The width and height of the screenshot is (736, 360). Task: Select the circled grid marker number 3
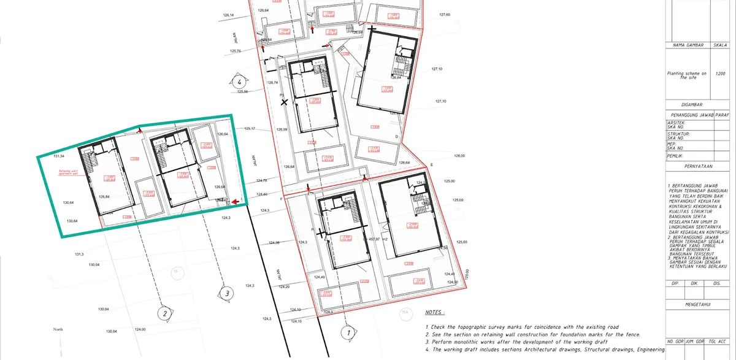click(226, 293)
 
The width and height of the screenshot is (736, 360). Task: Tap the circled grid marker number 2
click(164, 313)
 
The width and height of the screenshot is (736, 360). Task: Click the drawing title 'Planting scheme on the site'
click(686, 75)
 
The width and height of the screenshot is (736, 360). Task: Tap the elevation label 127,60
click(445, 14)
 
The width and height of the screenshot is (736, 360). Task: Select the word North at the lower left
click(58, 330)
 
